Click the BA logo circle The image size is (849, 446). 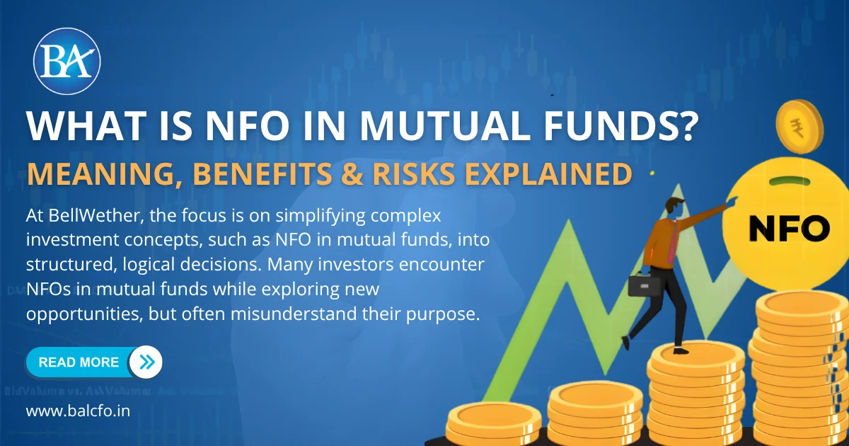coord(67,62)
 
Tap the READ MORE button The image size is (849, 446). coord(79,362)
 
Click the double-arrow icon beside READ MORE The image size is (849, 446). coord(146,362)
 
